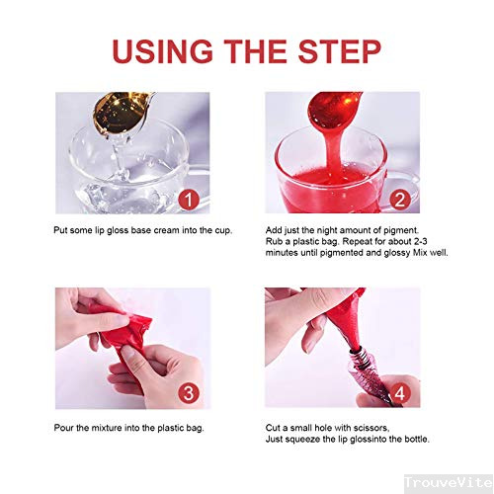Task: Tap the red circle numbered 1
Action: click(189, 200)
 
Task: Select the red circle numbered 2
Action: click(400, 200)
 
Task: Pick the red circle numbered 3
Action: click(189, 393)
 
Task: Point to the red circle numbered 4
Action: click(400, 393)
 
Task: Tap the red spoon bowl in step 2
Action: click(334, 108)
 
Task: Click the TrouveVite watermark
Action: click(449, 483)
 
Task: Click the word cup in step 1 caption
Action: click(223, 230)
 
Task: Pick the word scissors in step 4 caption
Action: click(371, 428)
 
